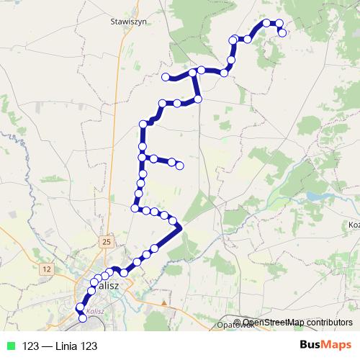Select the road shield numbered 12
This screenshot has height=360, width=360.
[48, 269]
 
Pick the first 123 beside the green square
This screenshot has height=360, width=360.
[31, 346]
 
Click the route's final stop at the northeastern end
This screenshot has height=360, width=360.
[282, 32]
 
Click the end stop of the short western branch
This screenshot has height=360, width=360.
[166, 77]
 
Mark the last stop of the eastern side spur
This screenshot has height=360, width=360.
[180, 166]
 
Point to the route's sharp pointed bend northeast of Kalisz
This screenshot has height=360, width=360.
[180, 227]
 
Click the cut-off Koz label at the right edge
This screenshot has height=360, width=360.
[354, 225]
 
